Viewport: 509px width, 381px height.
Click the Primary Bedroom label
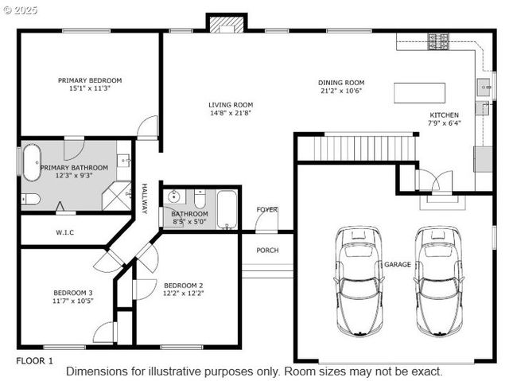(x=90, y=80)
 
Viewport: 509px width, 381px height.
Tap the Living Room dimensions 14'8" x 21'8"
(x=231, y=113)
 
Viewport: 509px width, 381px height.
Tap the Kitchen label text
(x=444, y=115)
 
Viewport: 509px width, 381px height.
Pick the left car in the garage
(x=358, y=280)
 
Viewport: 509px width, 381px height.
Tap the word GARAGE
(x=398, y=264)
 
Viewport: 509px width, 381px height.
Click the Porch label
(x=267, y=251)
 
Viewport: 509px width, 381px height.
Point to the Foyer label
(x=267, y=209)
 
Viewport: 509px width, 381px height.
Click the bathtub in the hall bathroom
(x=227, y=210)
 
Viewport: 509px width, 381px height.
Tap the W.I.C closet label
(x=65, y=233)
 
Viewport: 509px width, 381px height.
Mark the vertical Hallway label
(x=145, y=199)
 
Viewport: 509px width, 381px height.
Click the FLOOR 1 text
(x=35, y=360)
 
